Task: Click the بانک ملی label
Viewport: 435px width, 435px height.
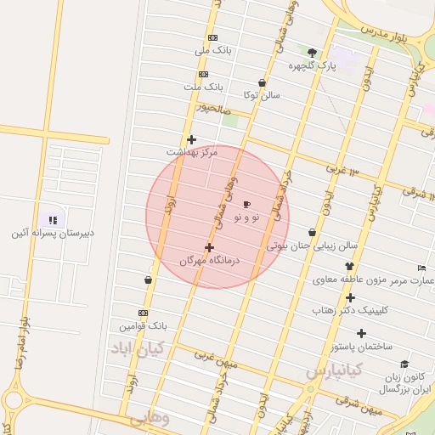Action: [x=213, y=51]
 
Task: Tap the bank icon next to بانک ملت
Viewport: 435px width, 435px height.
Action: [x=204, y=74]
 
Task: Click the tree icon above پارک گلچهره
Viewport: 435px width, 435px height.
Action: [x=312, y=53]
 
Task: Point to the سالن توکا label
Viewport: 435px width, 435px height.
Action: [x=262, y=95]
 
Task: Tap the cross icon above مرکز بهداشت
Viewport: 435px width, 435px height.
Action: [x=192, y=139]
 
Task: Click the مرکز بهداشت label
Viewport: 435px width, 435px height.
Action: [x=192, y=151]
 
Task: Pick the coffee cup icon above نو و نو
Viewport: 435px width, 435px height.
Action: [x=247, y=205]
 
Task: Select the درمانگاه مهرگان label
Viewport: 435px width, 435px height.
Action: [x=210, y=260]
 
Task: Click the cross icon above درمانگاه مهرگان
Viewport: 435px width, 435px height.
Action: [x=210, y=247]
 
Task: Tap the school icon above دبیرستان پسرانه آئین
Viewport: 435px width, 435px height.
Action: [x=53, y=220]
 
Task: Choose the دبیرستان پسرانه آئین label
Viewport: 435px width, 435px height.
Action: [x=52, y=233]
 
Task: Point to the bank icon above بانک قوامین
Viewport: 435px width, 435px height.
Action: [x=143, y=313]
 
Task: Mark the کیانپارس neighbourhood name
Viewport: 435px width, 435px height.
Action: [x=335, y=370]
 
